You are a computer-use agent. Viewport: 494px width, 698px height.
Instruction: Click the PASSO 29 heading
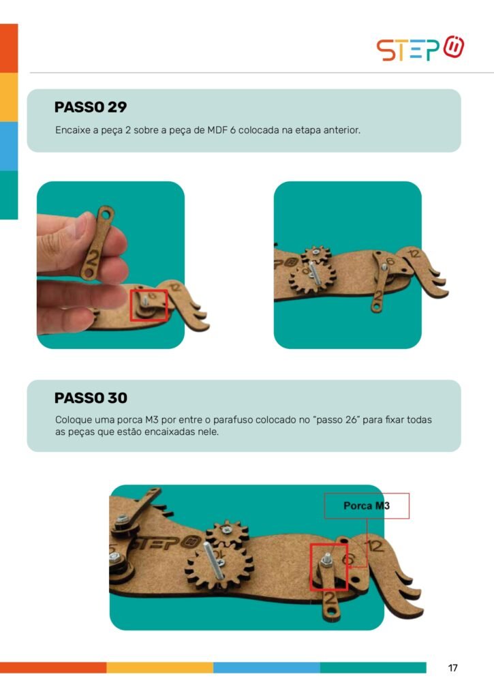(91, 107)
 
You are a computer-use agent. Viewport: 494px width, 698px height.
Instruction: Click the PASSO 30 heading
(91, 397)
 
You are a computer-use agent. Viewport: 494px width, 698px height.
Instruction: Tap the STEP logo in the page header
(420, 48)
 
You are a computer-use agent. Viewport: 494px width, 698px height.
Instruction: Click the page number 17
(452, 668)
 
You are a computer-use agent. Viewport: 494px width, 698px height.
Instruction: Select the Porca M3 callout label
(367, 506)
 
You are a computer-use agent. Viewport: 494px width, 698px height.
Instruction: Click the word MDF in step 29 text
(217, 130)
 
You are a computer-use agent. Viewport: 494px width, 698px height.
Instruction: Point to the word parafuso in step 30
(233, 420)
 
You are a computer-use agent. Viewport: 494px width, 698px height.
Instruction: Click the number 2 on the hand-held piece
(94, 258)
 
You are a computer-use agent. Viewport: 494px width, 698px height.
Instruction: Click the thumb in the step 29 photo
(61, 243)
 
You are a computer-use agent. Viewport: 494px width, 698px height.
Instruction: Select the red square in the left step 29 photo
(149, 305)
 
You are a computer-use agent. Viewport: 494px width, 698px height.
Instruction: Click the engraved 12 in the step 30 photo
(375, 546)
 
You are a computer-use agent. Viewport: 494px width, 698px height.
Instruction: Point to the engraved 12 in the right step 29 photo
(414, 254)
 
